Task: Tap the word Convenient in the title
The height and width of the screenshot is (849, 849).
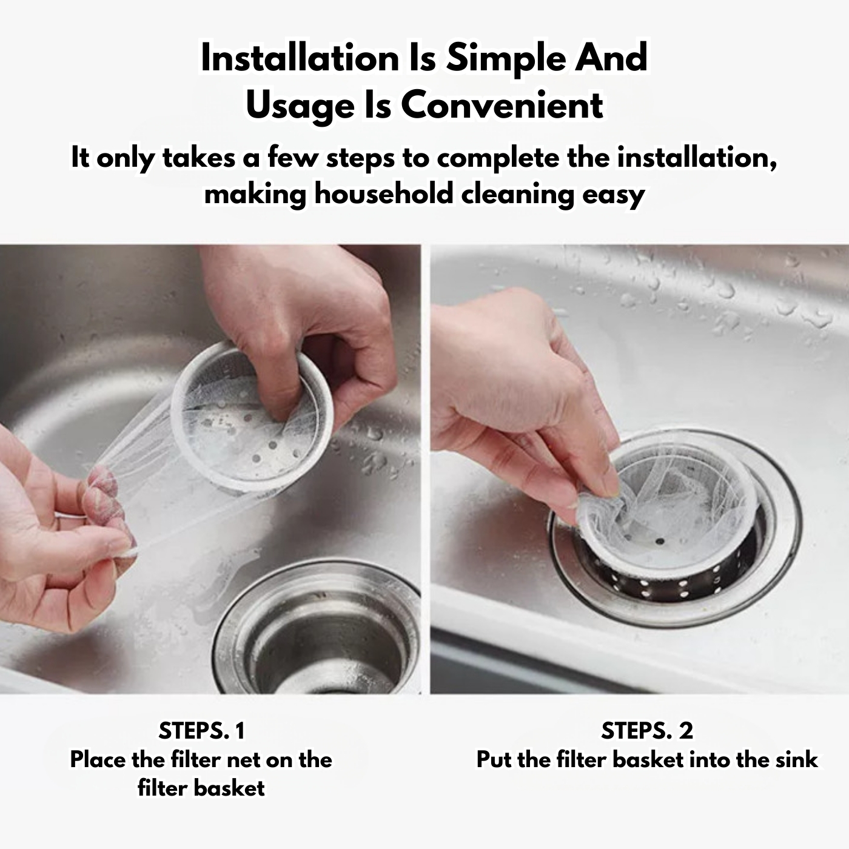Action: [x=502, y=106]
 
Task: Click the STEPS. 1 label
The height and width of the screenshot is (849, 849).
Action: [x=201, y=731]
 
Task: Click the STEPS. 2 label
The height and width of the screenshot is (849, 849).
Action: [x=646, y=731]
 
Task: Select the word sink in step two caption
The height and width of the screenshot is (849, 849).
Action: [x=797, y=759]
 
